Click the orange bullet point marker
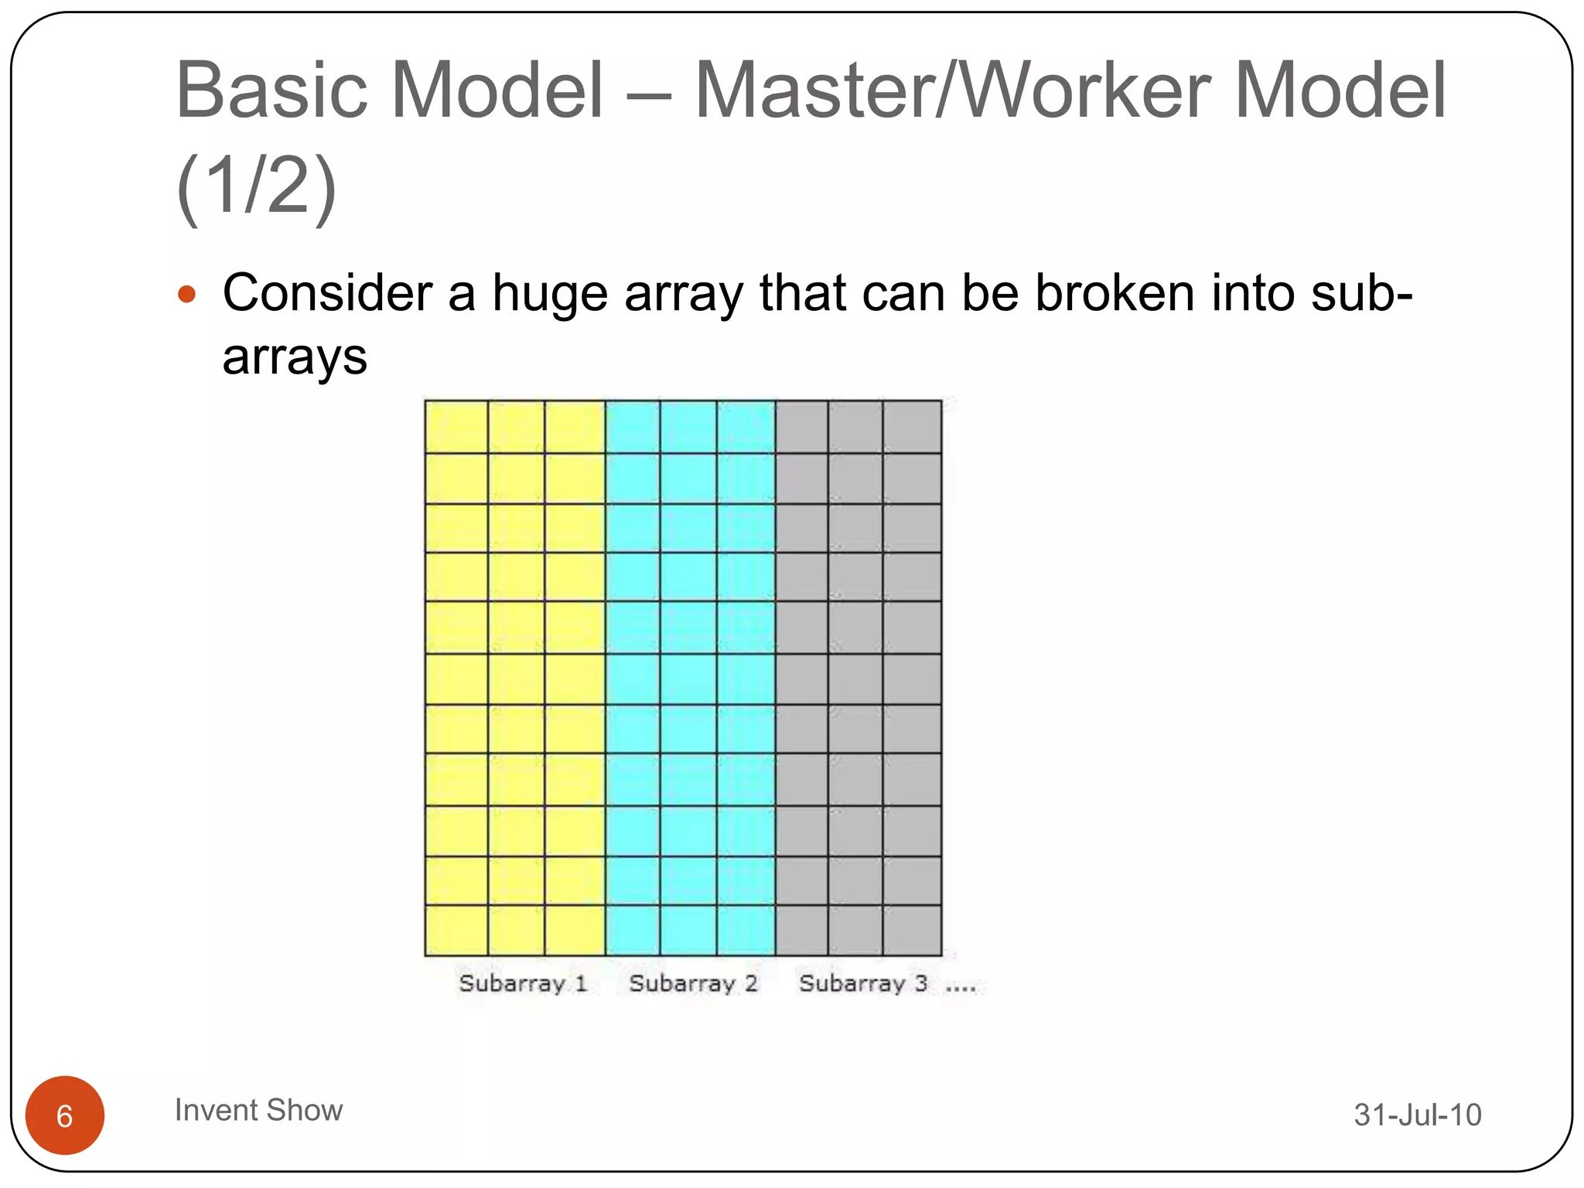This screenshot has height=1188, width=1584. click(186, 295)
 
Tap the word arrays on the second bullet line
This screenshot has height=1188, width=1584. click(295, 359)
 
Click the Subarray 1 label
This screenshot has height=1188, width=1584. click(523, 984)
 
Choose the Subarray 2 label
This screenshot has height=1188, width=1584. click(693, 984)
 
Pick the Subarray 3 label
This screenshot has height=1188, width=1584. click(862, 984)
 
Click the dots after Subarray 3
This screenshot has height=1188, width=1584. click(961, 988)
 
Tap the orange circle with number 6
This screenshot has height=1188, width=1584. click(65, 1115)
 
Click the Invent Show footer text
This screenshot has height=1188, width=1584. click(258, 1111)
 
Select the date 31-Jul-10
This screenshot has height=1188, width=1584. click(1417, 1115)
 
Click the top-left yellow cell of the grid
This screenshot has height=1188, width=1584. click(456, 427)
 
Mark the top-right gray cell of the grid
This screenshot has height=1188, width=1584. click(912, 427)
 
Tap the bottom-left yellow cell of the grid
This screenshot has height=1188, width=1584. click(456, 930)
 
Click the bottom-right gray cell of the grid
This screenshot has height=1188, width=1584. click(912, 930)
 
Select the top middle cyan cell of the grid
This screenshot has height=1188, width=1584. click(688, 427)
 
